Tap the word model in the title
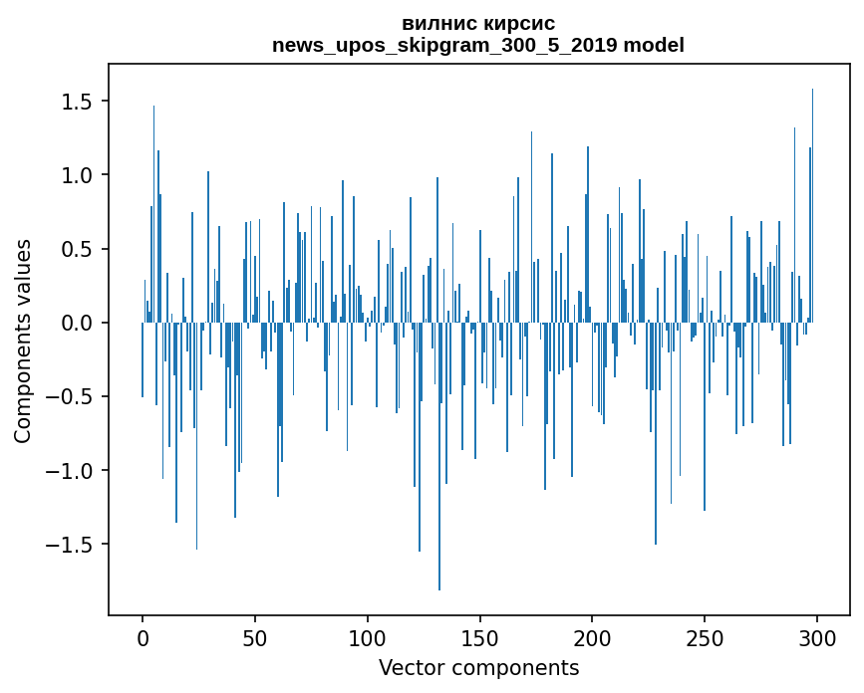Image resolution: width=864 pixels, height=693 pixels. click(x=656, y=45)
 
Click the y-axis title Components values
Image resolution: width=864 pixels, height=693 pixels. click(x=23, y=341)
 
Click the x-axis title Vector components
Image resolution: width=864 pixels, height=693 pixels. click(x=478, y=667)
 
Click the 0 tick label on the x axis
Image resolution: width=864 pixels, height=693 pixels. click(x=143, y=635)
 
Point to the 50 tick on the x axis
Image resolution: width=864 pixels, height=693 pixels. click(x=255, y=635)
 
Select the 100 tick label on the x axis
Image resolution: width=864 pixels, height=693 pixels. click(x=368, y=635)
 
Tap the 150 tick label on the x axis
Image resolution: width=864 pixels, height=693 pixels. click(x=480, y=635)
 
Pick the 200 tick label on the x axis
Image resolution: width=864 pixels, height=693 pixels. click(x=593, y=635)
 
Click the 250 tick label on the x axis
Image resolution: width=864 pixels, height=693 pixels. click(x=705, y=635)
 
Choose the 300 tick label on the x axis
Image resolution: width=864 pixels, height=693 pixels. click(x=817, y=635)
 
